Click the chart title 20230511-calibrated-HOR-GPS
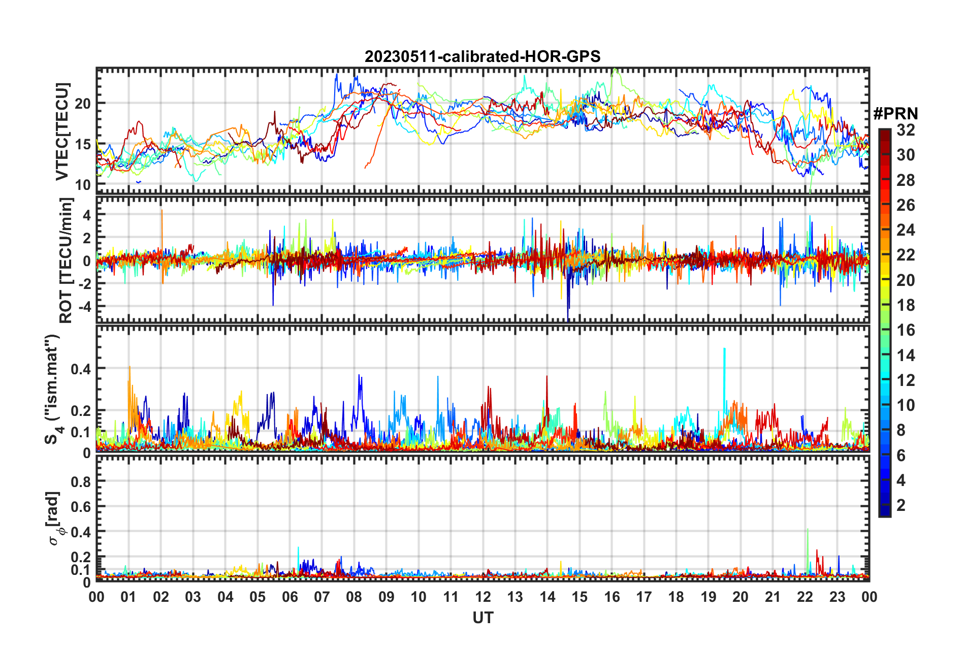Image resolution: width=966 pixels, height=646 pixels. [482, 56]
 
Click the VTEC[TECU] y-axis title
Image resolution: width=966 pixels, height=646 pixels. [62, 132]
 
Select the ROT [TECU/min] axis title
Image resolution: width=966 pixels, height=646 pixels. [66, 261]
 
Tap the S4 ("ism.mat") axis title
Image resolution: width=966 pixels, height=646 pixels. [53, 389]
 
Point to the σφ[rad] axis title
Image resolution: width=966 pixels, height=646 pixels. [55, 518]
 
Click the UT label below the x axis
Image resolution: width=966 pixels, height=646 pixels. [483, 618]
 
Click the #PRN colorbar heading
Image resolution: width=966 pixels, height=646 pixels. [895, 114]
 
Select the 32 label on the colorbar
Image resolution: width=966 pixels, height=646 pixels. [906, 130]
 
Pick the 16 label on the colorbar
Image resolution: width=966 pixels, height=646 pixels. [906, 330]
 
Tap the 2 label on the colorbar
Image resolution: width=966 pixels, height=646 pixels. [901, 505]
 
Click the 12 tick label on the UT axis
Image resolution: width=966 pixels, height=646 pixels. [483, 597]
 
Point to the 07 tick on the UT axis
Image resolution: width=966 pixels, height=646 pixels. [322, 597]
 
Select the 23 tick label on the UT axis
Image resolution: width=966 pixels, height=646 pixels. [837, 597]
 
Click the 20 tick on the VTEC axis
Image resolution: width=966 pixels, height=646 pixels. [83, 104]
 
